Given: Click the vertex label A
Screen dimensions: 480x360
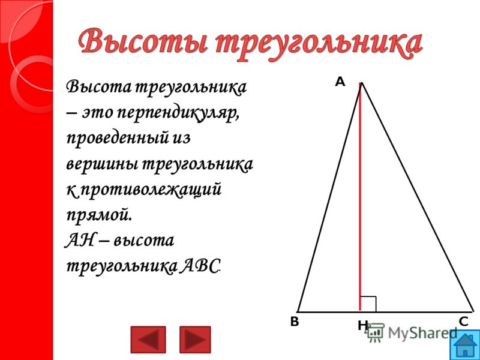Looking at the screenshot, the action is pyautogui.click(x=340, y=82).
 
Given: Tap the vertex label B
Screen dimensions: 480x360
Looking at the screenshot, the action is pyautogui.click(x=295, y=322).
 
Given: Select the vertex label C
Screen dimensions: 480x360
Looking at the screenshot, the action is pyautogui.click(x=463, y=322).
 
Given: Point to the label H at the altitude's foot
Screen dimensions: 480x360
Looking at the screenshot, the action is pyautogui.click(x=362, y=326).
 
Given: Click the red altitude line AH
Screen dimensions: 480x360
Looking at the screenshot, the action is pyautogui.click(x=361, y=197).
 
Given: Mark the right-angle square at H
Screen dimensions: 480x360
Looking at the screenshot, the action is pyautogui.click(x=368, y=304).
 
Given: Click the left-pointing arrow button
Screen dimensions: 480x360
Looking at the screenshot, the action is pyautogui.click(x=148, y=339).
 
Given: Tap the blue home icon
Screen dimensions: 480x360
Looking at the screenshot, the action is pyautogui.click(x=466, y=345).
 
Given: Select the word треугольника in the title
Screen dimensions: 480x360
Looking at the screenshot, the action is pyautogui.click(x=319, y=44).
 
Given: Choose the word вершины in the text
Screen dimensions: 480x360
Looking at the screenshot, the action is pyautogui.click(x=101, y=164).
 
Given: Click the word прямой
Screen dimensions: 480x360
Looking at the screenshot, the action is pyautogui.click(x=99, y=215).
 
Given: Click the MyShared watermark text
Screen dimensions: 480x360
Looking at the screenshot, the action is pyautogui.click(x=422, y=333).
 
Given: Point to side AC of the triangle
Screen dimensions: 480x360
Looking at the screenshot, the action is pyautogui.click(x=417, y=197).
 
